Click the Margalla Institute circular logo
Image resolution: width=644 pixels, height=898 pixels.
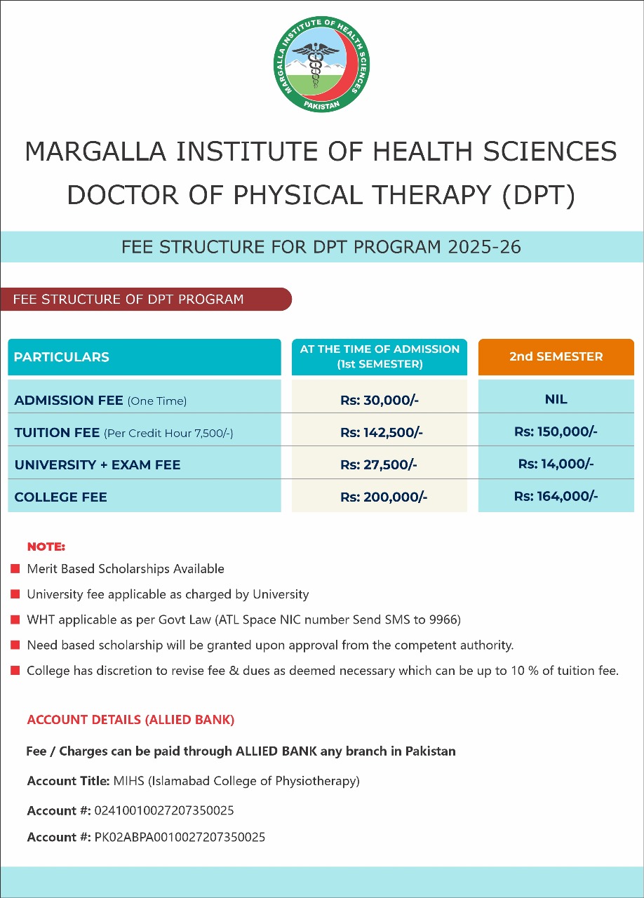(x=322, y=64)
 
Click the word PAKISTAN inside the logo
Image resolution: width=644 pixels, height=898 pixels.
(x=322, y=104)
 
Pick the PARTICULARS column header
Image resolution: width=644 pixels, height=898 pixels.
(x=62, y=357)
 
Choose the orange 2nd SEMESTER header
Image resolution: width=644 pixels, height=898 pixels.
(x=556, y=356)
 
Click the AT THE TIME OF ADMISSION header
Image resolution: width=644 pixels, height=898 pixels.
(x=380, y=356)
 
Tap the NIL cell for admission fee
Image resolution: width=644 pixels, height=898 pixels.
(x=556, y=399)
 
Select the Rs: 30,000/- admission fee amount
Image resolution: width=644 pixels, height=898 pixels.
(x=380, y=401)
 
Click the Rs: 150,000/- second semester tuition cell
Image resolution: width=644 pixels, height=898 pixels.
(x=556, y=431)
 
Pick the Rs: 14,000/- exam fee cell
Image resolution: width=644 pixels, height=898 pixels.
(x=556, y=464)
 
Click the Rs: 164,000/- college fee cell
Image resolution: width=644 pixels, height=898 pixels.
(x=556, y=496)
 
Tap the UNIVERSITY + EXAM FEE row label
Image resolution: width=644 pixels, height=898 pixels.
(x=98, y=465)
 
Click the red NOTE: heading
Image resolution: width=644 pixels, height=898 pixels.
(x=46, y=547)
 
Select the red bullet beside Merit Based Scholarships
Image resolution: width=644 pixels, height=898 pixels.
(x=15, y=569)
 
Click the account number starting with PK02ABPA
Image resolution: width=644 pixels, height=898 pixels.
(x=180, y=837)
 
